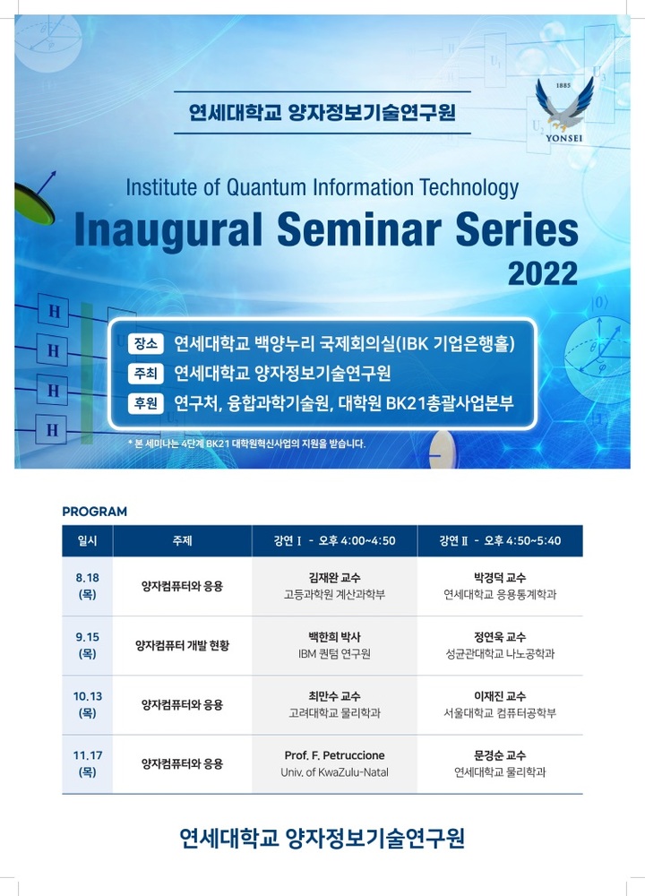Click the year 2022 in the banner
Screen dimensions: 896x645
pyautogui.click(x=544, y=272)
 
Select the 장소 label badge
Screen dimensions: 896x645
pyautogui.click(x=145, y=343)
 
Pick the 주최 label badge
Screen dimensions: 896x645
pyautogui.click(x=145, y=374)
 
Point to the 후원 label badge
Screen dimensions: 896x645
pyautogui.click(x=145, y=403)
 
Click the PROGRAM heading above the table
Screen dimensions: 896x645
pyautogui.click(x=94, y=512)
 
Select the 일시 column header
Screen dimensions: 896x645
pyautogui.click(x=88, y=541)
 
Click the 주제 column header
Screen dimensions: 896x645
pyautogui.click(x=182, y=541)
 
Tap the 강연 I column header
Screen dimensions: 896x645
pyautogui.click(x=334, y=541)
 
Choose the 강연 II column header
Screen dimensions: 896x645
pyautogui.click(x=500, y=541)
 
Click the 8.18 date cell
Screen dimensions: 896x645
pyautogui.click(x=88, y=586)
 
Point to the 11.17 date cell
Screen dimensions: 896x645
pyautogui.click(x=88, y=763)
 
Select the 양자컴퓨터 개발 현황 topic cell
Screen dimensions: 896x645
pyautogui.click(x=182, y=645)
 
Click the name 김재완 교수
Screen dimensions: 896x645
pyautogui.click(x=334, y=577)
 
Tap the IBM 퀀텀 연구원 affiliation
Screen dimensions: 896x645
pyautogui.click(x=334, y=654)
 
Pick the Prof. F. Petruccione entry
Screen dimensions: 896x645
pyautogui.click(x=334, y=755)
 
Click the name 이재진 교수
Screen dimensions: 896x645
pyautogui.click(x=500, y=696)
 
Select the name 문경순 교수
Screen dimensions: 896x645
pyautogui.click(x=500, y=755)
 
